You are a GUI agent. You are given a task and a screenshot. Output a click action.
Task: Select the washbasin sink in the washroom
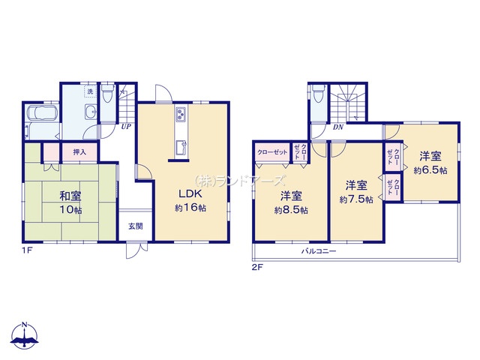click(91, 113)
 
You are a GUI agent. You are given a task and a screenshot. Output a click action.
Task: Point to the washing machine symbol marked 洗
click(90, 91)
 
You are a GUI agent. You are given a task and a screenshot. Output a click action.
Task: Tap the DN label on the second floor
click(337, 127)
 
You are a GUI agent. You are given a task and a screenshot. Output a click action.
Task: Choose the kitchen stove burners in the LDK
click(181, 115)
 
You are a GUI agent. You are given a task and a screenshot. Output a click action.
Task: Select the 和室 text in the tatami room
click(70, 196)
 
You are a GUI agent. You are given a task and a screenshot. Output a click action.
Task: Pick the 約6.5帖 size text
click(430, 170)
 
